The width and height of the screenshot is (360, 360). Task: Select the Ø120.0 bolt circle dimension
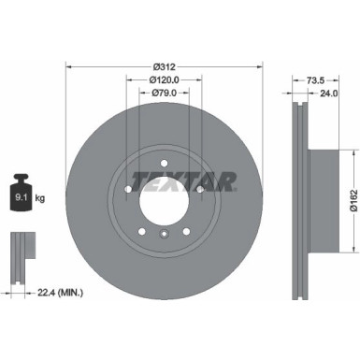pyautogui.click(x=165, y=80)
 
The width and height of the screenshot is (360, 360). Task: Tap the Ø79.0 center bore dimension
pyautogui.click(x=165, y=93)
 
